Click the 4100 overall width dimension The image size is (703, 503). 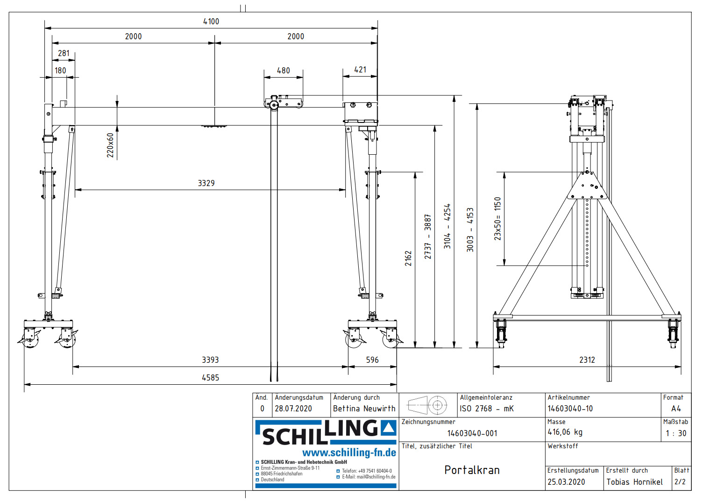(211, 22)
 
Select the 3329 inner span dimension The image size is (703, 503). (206, 183)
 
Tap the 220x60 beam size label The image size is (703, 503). (110, 145)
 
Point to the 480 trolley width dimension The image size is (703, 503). (283, 71)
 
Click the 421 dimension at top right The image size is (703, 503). (360, 70)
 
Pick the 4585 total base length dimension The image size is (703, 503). (210, 378)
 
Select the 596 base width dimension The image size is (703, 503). (372, 360)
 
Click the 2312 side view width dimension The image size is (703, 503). (587, 360)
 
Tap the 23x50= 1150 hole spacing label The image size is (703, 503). (497, 219)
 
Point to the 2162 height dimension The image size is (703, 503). (408, 259)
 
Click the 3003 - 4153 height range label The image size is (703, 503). (470, 230)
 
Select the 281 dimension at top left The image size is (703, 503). (64, 53)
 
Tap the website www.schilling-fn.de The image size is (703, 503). (349, 453)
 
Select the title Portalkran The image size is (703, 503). (472, 470)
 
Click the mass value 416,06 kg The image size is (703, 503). (565, 432)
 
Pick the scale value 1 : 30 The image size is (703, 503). (676, 433)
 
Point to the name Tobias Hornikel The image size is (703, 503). (634, 482)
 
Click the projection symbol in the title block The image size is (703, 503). (427, 405)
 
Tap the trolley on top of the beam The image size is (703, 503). (283, 102)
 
